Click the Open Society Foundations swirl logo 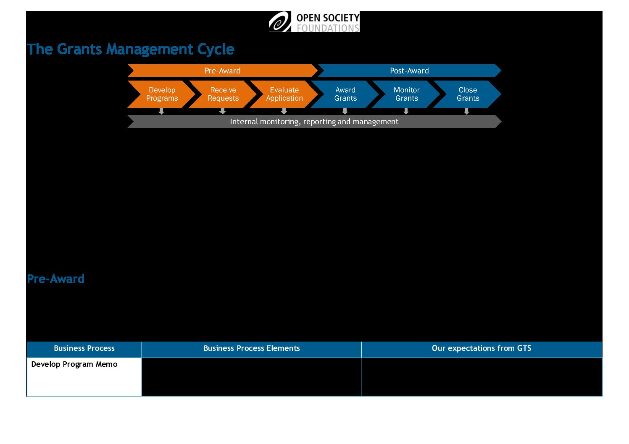(280, 21)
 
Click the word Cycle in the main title (216, 50)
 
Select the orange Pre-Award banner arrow (222, 71)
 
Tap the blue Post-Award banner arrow (409, 71)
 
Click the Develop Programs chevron (161, 94)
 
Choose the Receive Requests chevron (223, 94)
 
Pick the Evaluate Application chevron (284, 94)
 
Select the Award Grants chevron (345, 94)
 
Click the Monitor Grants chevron (406, 94)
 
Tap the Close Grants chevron (468, 94)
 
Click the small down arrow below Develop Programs (161, 111)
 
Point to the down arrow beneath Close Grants (466, 111)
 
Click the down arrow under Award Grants (345, 111)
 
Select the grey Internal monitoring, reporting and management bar (314, 121)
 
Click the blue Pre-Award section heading (55, 279)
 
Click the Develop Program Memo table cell (84, 377)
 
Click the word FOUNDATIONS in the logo (328, 28)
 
